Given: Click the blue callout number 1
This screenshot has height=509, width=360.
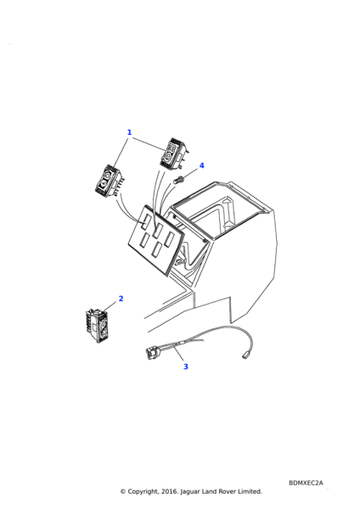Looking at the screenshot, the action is click(129, 132).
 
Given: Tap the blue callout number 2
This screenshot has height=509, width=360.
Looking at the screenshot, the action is click(121, 299).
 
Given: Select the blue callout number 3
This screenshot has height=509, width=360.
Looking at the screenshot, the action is click(186, 366).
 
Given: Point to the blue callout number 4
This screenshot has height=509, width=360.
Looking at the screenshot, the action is click(202, 165).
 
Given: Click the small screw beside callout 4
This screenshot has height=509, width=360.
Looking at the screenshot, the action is click(179, 180).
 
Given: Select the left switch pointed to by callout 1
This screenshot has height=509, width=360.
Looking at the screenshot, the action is click(108, 182).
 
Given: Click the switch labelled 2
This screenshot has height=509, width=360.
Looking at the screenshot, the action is click(97, 325).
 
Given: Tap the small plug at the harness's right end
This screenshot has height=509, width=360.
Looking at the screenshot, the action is click(245, 355).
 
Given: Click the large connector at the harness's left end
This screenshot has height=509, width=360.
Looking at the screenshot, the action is click(151, 351).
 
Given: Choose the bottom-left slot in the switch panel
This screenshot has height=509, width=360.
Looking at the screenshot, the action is click(144, 240).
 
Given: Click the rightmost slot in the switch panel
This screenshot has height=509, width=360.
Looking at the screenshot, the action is click(169, 238).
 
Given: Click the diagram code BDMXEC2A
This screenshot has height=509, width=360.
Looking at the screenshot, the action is click(306, 483).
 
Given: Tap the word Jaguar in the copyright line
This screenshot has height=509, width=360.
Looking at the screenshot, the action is click(189, 492).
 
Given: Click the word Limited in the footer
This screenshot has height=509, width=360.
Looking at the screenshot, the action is click(250, 491).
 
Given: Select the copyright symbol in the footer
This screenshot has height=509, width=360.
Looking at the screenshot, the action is click(123, 491).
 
